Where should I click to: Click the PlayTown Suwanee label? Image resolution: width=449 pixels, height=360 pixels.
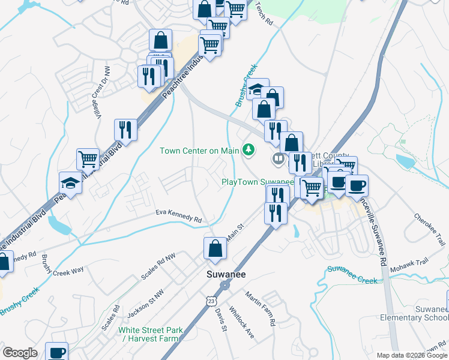258,182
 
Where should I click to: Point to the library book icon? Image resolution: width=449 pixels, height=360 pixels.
278,159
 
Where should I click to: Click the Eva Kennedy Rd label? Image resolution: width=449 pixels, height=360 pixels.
178,215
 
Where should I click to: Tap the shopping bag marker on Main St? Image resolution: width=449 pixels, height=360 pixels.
215,248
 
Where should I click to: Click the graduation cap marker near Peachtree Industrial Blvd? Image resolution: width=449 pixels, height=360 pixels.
70,184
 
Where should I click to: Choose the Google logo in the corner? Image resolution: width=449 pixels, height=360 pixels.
20,353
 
